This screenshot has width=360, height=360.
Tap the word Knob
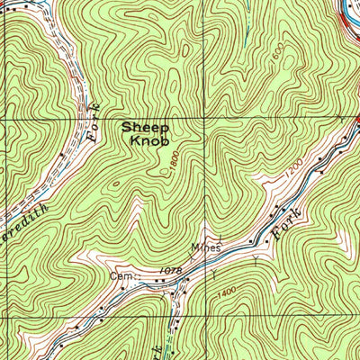(x=144, y=141)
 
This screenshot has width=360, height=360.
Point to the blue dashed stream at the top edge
(x=245, y=18)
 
